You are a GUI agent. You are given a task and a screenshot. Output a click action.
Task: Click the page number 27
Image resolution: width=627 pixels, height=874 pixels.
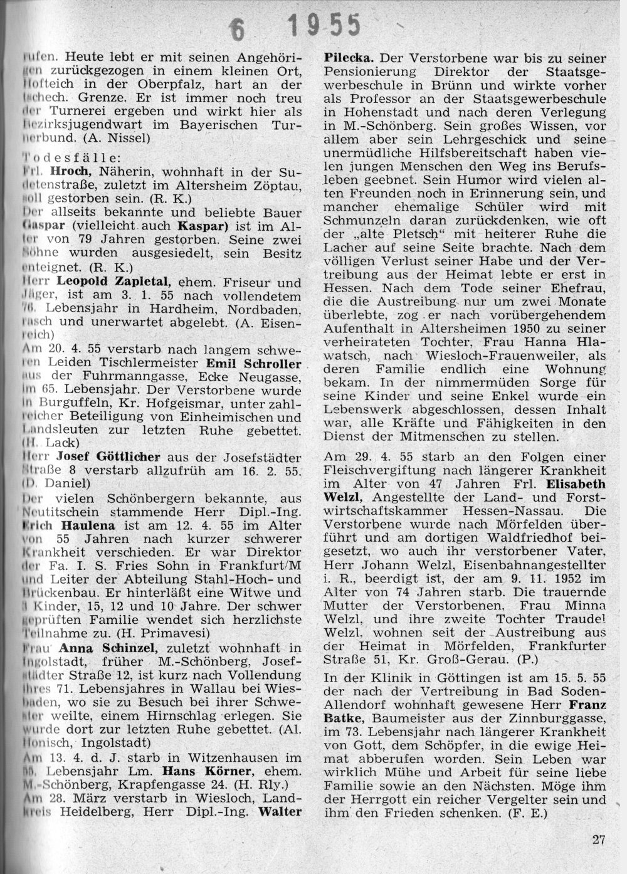(599, 841)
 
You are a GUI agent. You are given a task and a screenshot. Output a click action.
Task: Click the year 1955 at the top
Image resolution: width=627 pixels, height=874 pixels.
(325, 27)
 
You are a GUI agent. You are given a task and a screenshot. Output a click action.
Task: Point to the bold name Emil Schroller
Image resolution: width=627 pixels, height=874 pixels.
(255, 363)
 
